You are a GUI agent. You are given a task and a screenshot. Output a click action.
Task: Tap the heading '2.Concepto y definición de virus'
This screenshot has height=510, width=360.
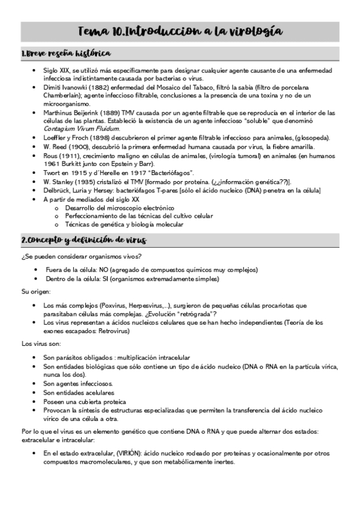pyautogui.click(x=84, y=241)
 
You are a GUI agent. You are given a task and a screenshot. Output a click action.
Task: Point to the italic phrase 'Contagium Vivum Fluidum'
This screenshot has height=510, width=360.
pyautogui.click(x=82, y=129)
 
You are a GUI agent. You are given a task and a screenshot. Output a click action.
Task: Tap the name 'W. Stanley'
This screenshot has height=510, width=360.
pyautogui.click(x=59, y=181)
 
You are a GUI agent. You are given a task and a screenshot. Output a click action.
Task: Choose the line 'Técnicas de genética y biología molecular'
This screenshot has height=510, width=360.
pyautogui.click(x=124, y=225)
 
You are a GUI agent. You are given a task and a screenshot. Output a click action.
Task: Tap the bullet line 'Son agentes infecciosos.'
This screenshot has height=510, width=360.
pyautogui.click(x=78, y=383)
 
